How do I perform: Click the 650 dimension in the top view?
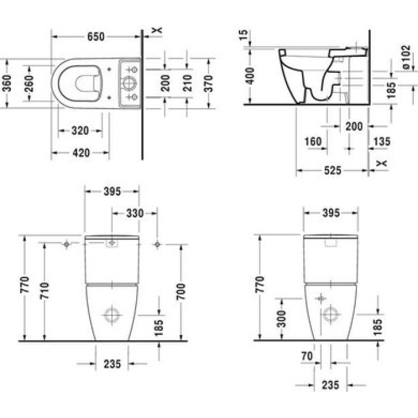pyautogui.click(x=96, y=37)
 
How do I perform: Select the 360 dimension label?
pyautogui.click(x=7, y=83)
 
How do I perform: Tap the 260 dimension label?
pyautogui.click(x=29, y=84)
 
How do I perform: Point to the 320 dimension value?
pyautogui.click(x=80, y=131)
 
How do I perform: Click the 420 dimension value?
pyautogui.click(x=81, y=153)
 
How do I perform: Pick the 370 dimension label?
pyautogui.click(x=208, y=84)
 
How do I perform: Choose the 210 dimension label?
pyautogui.click(x=188, y=83)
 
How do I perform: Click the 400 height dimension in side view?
pyautogui.click(x=250, y=76)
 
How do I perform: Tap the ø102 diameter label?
pyautogui.click(x=406, y=57)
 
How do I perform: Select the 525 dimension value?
pyautogui.click(x=333, y=170)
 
